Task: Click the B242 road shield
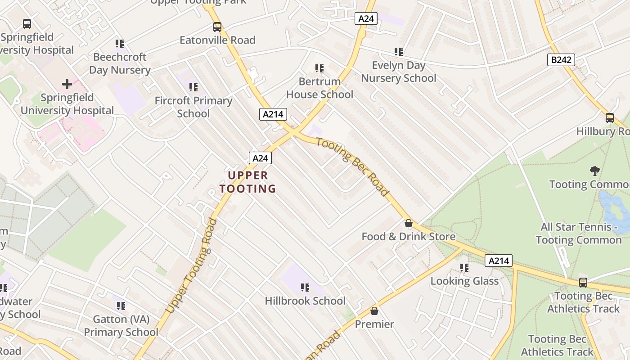[561, 60]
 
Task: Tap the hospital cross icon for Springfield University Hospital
[67, 84]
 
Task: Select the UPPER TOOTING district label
[248, 182]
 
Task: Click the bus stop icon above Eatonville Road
[217, 27]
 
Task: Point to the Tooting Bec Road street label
[352, 166]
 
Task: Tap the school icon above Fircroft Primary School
[193, 87]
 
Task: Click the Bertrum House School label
[319, 88]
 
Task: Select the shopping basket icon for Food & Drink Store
[409, 223]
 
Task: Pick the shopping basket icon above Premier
[374, 311]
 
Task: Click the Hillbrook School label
[305, 301]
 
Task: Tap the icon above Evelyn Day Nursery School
[398, 52]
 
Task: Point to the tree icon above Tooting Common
[595, 171]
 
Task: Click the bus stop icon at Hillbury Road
[610, 118]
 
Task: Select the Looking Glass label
[464, 281]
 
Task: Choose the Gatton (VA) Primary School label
[121, 325]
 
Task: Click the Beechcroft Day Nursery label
[120, 63]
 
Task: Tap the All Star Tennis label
[578, 233]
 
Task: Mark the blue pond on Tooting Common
[612, 211]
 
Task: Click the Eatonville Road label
[217, 40]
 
